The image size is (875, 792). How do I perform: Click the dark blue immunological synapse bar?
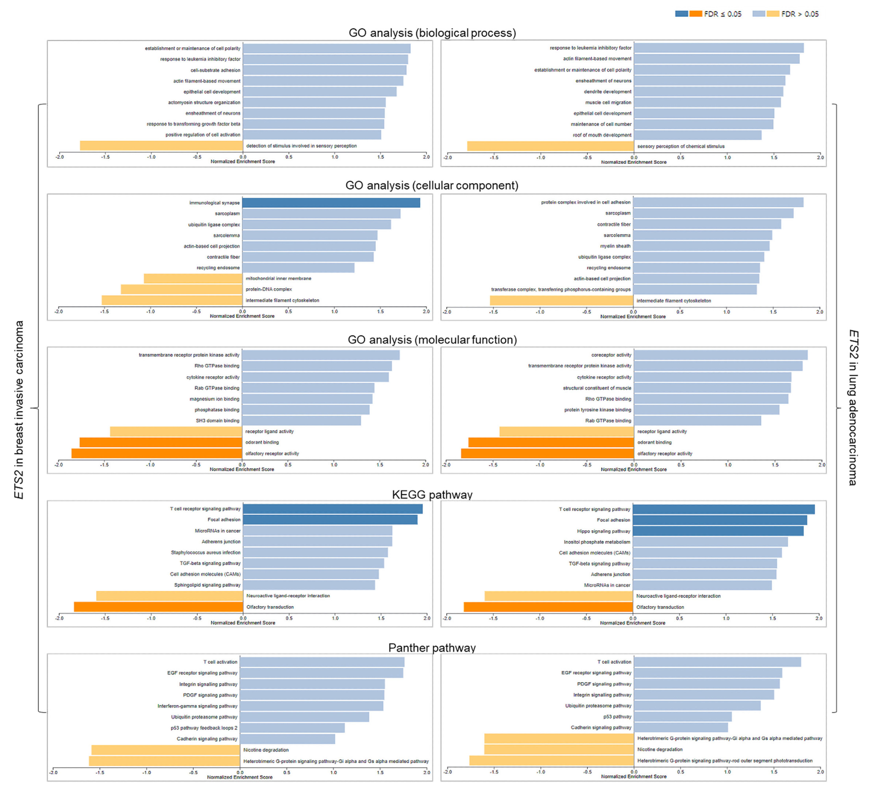331,203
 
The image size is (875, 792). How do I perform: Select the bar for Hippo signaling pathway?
718,531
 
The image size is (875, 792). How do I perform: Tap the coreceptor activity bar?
720,355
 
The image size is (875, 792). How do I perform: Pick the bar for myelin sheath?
701,246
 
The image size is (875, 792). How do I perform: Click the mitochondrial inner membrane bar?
193,278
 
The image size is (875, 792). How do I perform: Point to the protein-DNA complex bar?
181,289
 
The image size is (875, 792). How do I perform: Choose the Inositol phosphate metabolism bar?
710,542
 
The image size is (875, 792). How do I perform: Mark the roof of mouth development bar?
697,135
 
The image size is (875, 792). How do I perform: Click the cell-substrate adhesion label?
215,70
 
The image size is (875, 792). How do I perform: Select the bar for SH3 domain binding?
301,420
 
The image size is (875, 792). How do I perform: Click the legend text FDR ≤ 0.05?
723,14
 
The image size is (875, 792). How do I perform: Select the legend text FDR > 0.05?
800,14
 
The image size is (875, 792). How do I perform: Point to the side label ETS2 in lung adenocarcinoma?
853,408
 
